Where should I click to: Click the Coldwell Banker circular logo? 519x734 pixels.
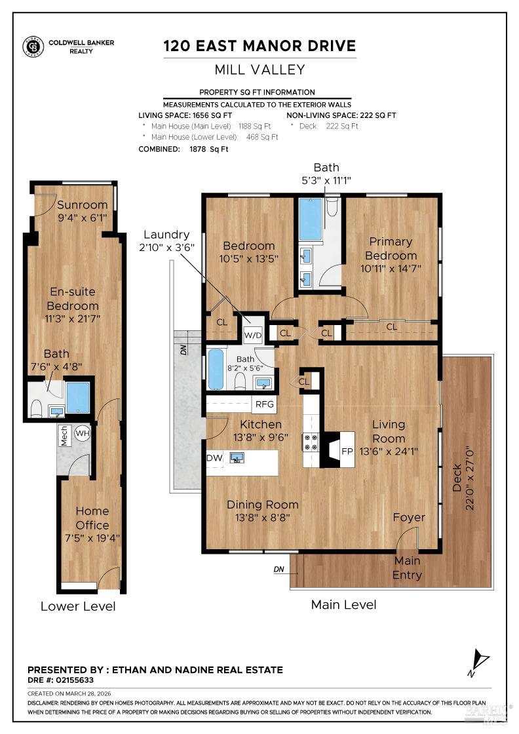point(33,47)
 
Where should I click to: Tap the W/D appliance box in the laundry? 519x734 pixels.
point(253,334)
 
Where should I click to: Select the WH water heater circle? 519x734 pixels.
point(83,433)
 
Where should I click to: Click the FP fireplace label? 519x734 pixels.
point(347,452)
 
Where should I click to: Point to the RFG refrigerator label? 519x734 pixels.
point(264,404)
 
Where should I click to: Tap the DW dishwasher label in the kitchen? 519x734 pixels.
point(215,458)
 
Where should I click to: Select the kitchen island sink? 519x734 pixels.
point(237,458)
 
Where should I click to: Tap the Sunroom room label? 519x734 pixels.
point(83,204)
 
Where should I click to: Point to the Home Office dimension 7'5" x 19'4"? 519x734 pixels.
point(92,538)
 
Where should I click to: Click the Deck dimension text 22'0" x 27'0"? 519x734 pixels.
point(470,478)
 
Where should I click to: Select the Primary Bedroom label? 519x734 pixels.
point(391,248)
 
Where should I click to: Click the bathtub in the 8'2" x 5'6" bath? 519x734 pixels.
point(216,370)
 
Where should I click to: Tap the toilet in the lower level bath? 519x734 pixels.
point(36,408)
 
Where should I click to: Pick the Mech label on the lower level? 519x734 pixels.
point(64,436)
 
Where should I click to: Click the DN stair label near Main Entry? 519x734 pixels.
point(279,570)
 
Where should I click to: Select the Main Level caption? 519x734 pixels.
point(343,604)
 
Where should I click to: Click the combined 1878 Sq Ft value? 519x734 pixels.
point(209,149)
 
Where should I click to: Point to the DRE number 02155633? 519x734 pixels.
point(75,680)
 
